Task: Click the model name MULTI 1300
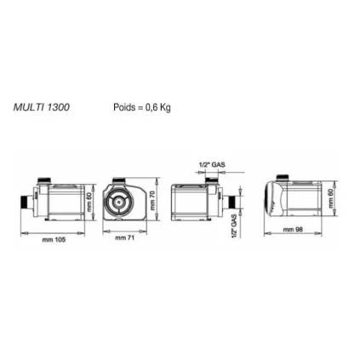[x=41, y=108]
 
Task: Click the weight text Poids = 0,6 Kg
[x=141, y=108]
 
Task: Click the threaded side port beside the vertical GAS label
[x=227, y=203]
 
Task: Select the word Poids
[x=123, y=108]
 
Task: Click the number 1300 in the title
[x=58, y=108]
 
